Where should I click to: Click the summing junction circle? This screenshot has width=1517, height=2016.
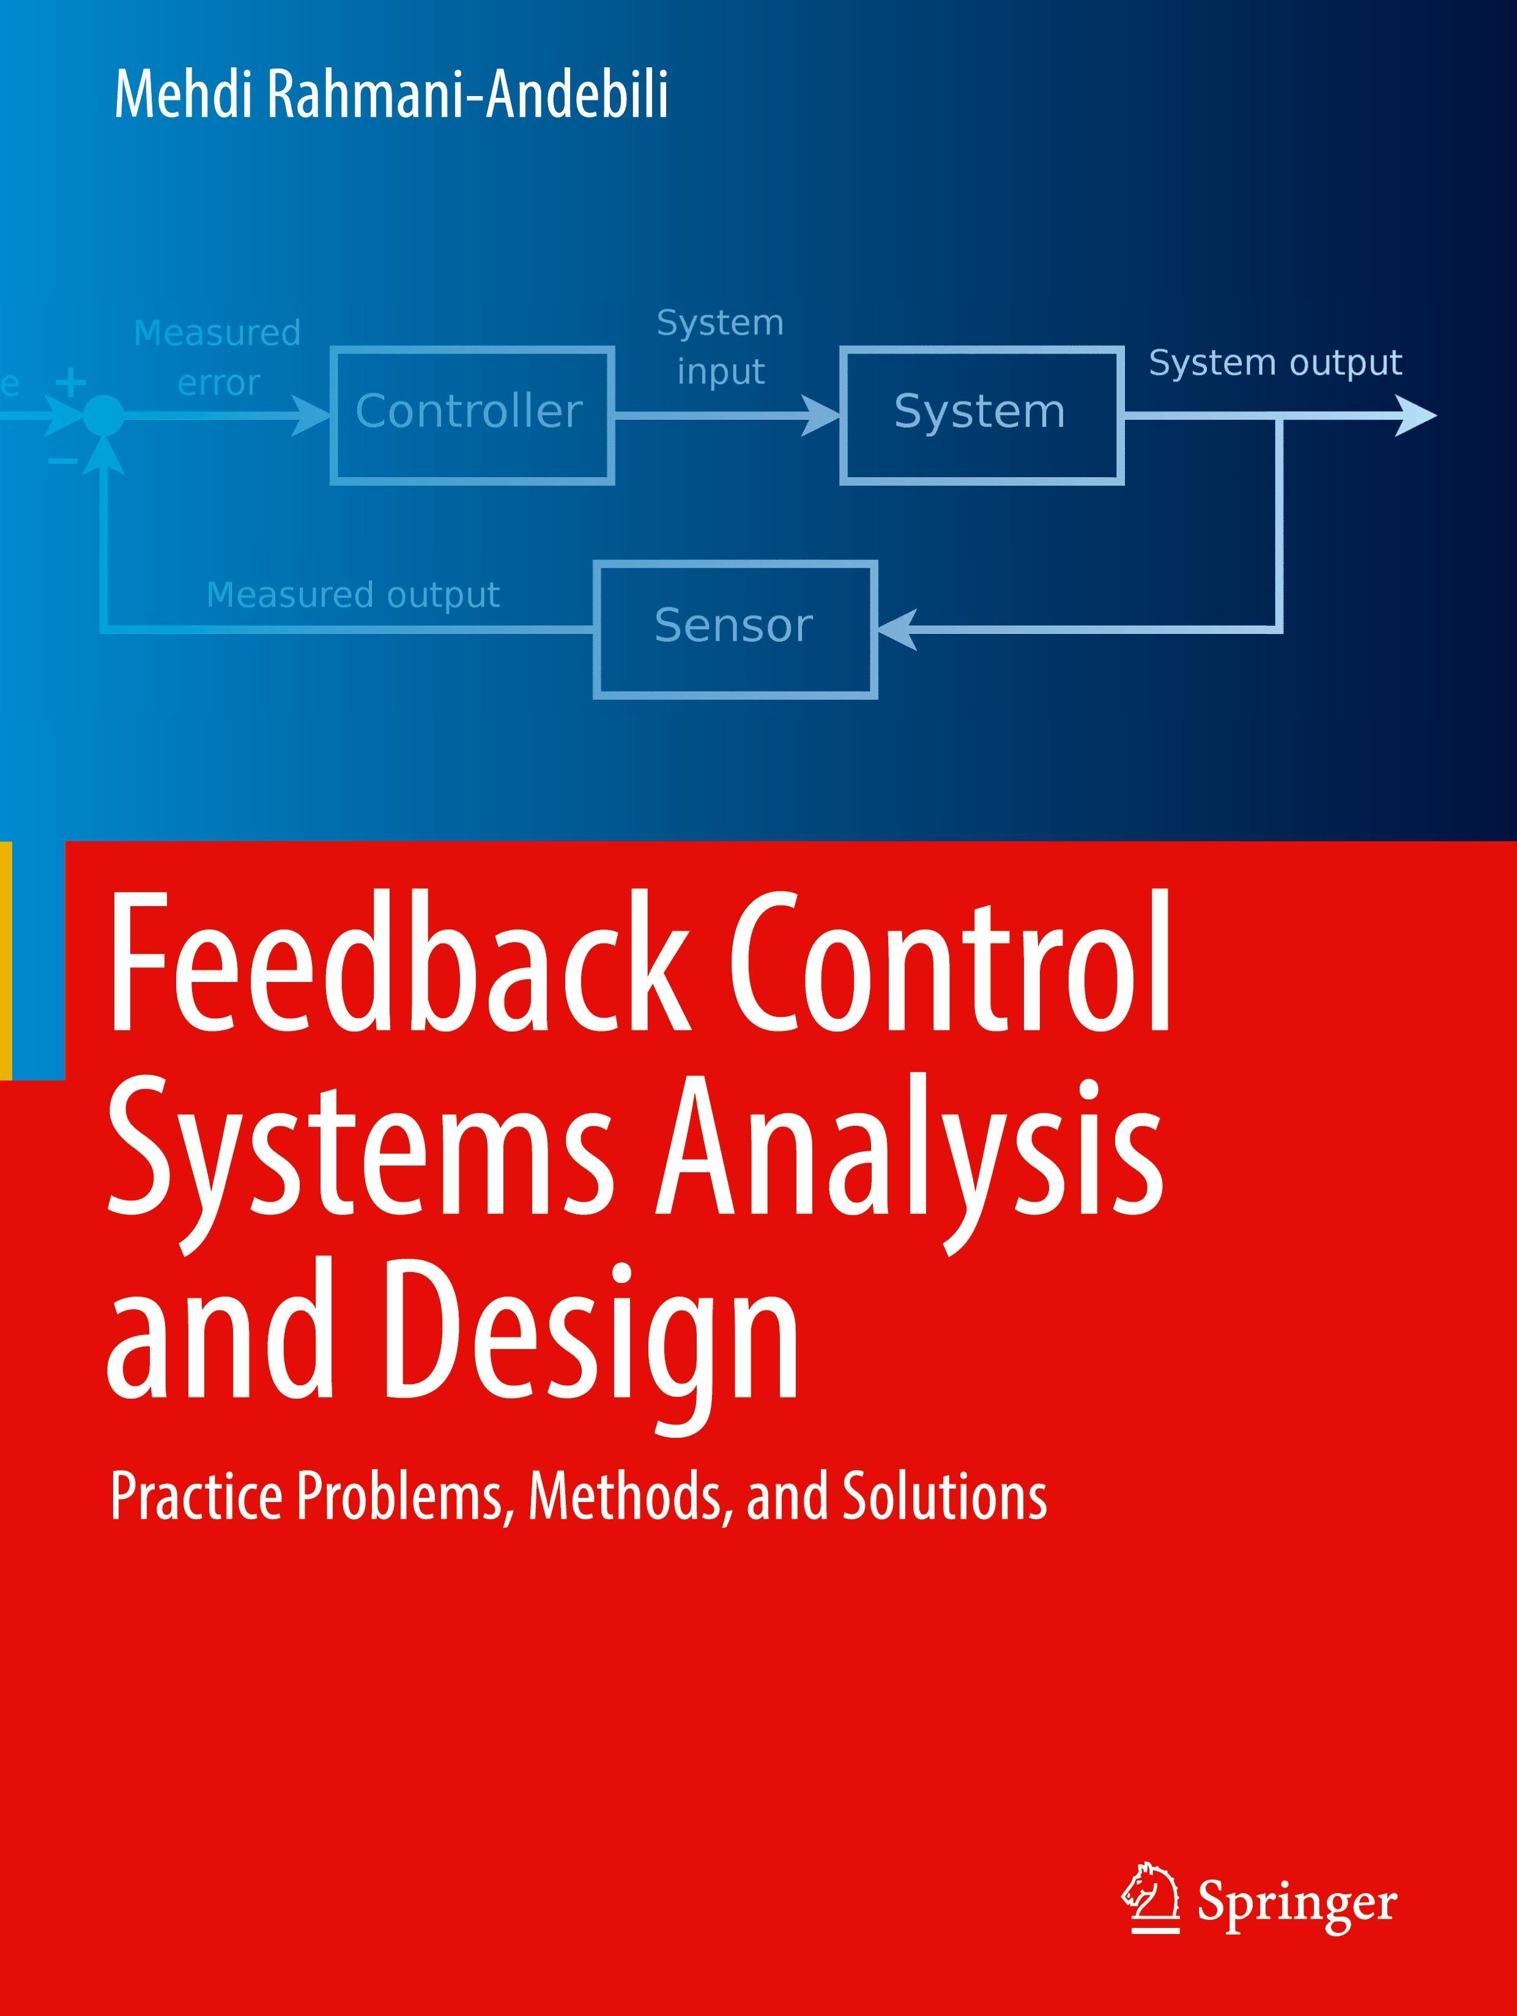coord(104,417)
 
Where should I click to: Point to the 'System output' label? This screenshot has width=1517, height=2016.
coord(1275,363)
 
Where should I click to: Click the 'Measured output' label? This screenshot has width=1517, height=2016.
coord(354,595)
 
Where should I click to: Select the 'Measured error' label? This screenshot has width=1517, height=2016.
coord(218,357)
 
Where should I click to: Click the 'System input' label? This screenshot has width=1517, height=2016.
coord(720,348)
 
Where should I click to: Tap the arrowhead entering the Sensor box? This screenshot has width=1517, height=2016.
coord(897,630)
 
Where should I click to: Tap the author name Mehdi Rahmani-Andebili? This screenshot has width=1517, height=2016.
coord(391,95)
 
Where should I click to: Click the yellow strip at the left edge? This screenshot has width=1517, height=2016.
coord(6,961)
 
